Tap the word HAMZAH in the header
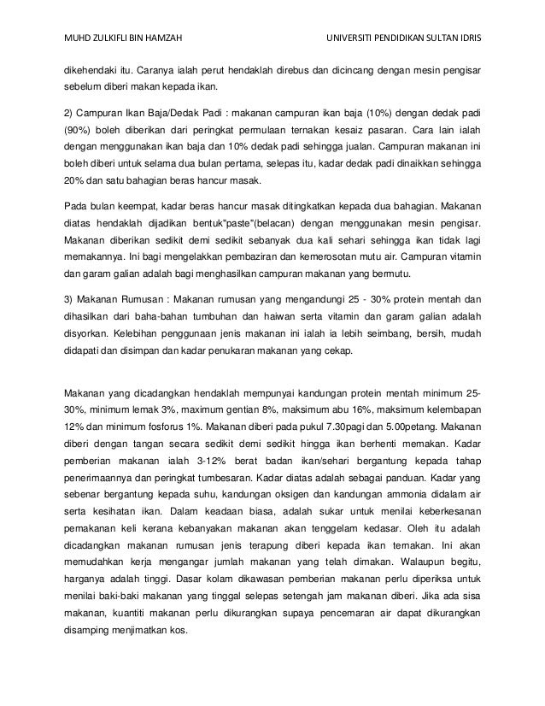click(159, 15)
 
